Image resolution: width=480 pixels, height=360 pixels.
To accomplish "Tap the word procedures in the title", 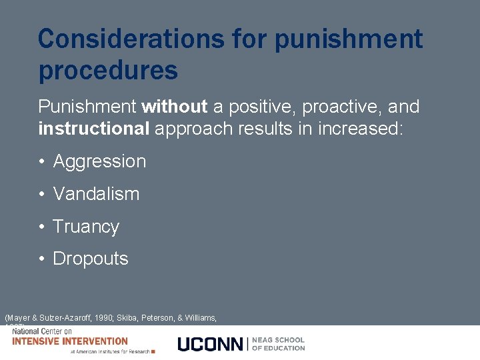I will (108, 70).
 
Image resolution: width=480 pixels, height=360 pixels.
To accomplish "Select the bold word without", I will (175, 107).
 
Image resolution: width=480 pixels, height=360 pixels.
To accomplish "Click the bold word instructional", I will (93, 129).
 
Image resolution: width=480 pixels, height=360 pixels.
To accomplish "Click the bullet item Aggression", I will (99, 161).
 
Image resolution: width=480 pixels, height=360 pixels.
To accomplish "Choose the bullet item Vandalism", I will (96, 194).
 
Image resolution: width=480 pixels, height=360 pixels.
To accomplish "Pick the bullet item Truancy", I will (86, 227).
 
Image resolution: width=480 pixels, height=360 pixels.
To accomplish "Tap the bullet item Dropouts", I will (91, 259).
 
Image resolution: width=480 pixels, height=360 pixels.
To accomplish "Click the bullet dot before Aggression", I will (41, 162).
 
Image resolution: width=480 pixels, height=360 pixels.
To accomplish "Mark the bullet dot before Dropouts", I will (41, 259).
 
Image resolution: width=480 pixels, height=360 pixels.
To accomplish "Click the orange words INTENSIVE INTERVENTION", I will (70, 341).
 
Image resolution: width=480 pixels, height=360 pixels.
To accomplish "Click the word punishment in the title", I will (349, 39).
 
